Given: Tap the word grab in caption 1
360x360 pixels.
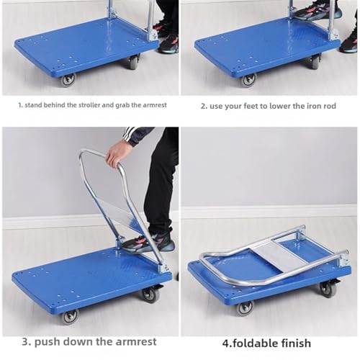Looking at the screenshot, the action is coord(122,105).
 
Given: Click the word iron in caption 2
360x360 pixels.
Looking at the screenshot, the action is coord(301,106).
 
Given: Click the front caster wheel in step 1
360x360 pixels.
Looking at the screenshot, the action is coord(68,81).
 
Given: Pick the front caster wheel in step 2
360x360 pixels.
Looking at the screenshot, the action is coord(248,80).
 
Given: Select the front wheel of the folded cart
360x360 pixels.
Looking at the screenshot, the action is coord(245,309).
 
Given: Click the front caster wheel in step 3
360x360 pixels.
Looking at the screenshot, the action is coord(71,317).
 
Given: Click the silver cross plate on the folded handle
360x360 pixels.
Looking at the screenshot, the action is coord(278,256).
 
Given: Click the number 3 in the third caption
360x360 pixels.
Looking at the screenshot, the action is coord(26,342).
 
